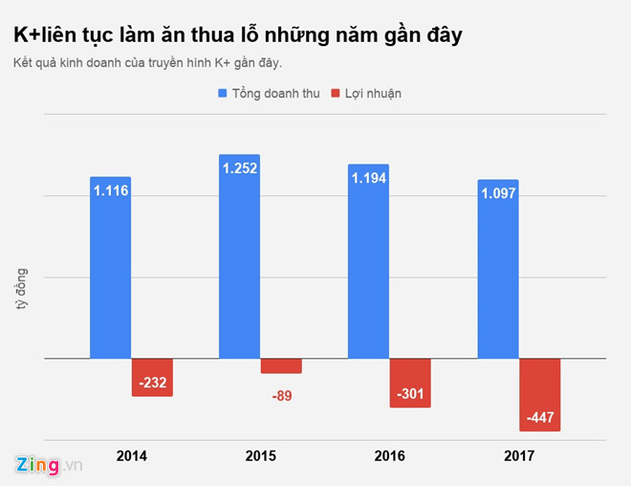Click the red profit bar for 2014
[x=152, y=377]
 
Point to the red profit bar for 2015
[x=281, y=365]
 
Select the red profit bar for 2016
[x=410, y=383]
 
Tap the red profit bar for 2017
[x=539, y=394]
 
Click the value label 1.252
[x=240, y=168]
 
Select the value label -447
[x=539, y=418]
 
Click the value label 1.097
[x=498, y=193]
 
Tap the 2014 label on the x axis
[x=132, y=455]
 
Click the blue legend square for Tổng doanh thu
[x=223, y=94]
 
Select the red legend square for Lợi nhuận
[x=335, y=94]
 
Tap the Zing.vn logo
[x=49, y=464]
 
